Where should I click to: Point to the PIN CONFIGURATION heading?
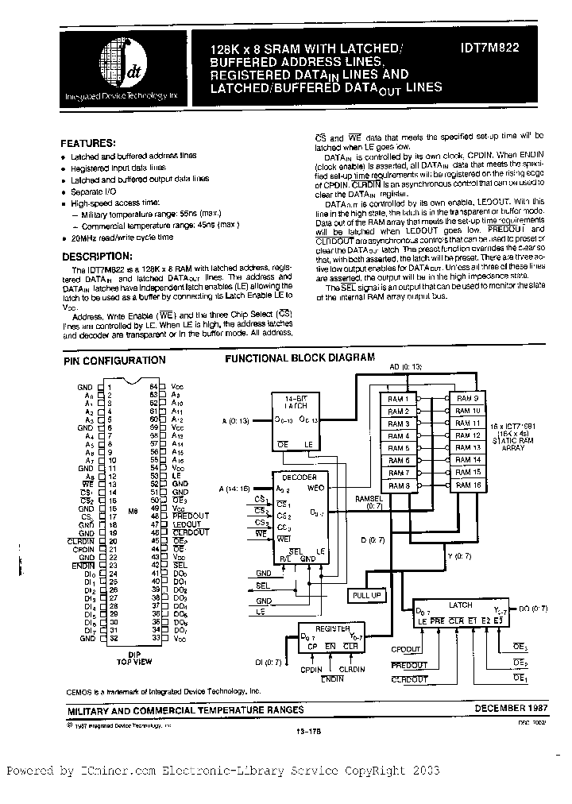[x=114, y=360]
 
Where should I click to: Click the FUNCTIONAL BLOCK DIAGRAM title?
[x=300, y=358]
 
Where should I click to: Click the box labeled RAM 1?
[x=399, y=399]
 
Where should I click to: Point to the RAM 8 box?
[x=399, y=485]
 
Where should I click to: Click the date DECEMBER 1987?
[x=511, y=707]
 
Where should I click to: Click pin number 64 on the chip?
[x=153, y=385]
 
